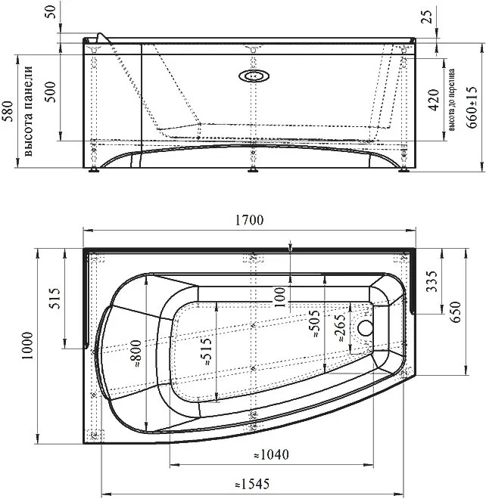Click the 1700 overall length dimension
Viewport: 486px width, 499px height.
249,220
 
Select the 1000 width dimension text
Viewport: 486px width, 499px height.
28,346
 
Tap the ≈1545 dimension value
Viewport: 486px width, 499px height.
252,484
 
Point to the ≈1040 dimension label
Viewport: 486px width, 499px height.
272,454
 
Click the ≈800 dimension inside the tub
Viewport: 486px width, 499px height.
136,354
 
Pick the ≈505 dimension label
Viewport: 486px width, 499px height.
314,324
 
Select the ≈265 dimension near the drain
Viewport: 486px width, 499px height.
340,328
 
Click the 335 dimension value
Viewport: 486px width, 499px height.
432,281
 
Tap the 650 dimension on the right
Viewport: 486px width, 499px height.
456,311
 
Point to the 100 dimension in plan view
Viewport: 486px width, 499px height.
279,297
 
